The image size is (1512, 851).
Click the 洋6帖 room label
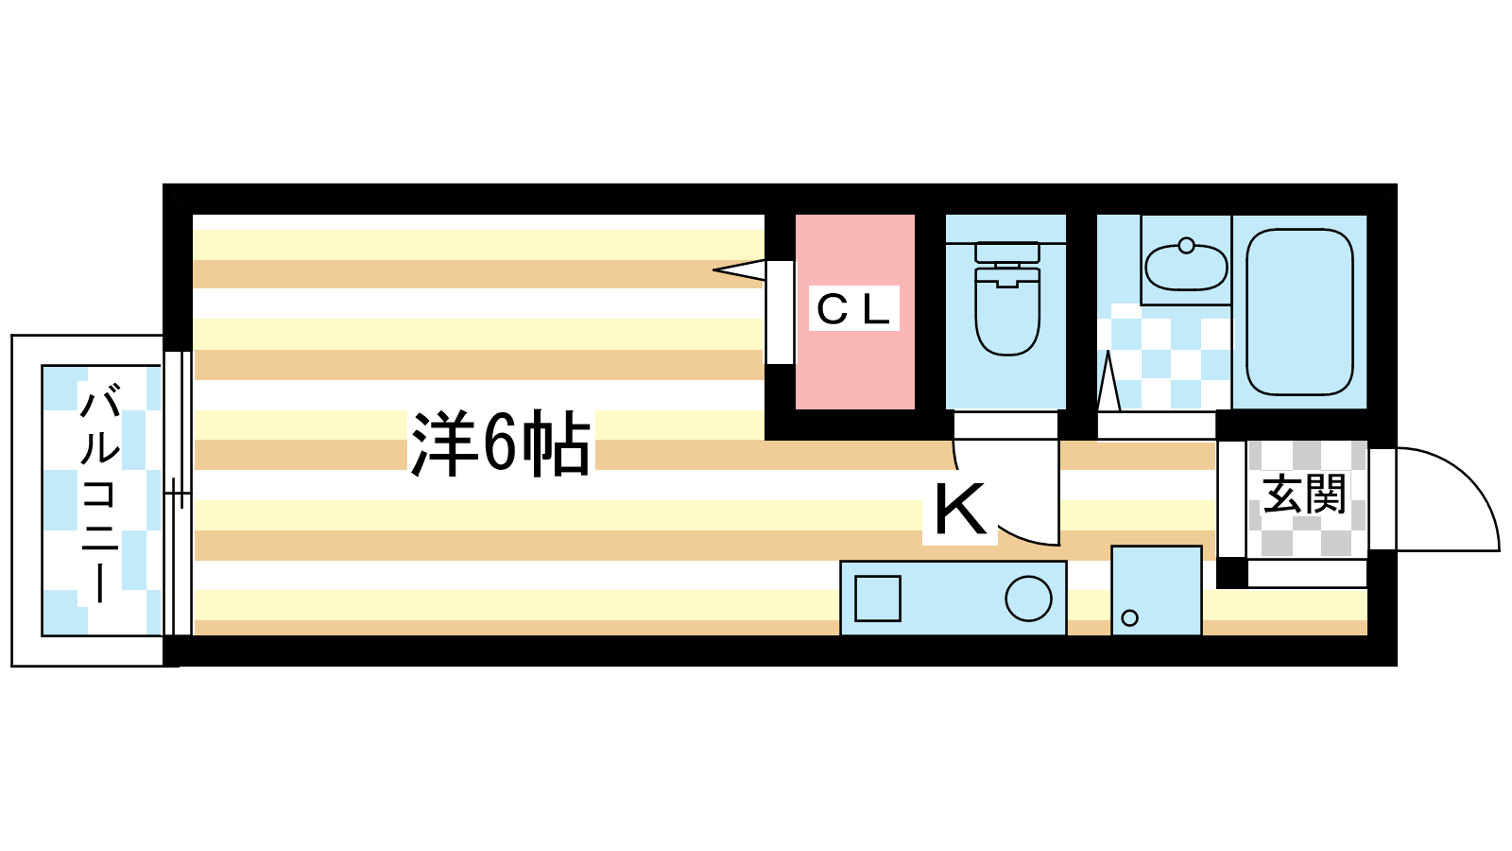(501, 443)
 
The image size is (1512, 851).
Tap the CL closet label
(853, 309)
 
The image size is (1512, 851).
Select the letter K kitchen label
(960, 510)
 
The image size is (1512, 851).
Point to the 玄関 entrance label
(1304, 494)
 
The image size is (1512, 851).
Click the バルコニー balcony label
(100, 492)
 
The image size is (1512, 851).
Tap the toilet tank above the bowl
(1007, 252)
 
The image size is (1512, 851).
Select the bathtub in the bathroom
(1299, 312)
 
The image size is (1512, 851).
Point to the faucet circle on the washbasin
(1186, 245)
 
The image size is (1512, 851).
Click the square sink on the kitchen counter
(878, 599)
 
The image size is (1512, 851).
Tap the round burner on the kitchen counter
(1028, 599)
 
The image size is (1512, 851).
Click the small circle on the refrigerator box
(1129, 617)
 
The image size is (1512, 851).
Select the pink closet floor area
(854, 311)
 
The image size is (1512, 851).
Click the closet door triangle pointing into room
(739, 270)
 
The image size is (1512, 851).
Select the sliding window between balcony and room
(179, 493)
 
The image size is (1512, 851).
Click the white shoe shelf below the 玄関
(1308, 573)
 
